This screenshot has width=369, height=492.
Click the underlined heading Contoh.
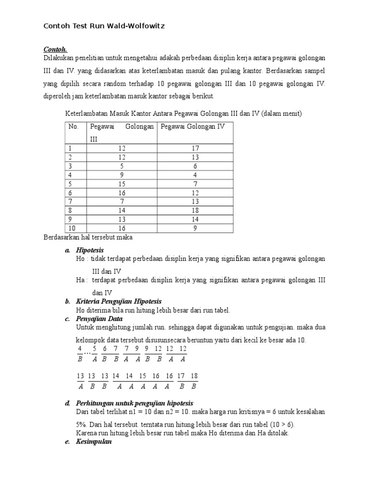tap(56, 49)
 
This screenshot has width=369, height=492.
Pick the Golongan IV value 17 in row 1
tap(195, 148)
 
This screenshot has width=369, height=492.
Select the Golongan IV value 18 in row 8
tap(195, 210)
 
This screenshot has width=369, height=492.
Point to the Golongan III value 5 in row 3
tap(122, 166)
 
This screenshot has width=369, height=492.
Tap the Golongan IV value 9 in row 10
tap(195, 229)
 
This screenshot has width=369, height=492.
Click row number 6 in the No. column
tap(70, 193)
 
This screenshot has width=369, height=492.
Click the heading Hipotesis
tap(90, 250)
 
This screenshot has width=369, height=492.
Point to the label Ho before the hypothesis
tap(80, 258)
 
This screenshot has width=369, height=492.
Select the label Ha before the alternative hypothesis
tap(80, 280)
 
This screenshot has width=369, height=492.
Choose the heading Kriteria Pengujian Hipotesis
tap(119, 301)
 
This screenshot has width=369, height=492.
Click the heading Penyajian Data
tap(99, 319)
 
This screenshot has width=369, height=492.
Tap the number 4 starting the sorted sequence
tap(80, 348)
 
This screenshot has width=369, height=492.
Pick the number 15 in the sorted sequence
tap(143, 376)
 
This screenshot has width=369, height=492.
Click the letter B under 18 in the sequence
tap(194, 386)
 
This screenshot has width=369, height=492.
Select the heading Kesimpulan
tap(94, 442)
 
